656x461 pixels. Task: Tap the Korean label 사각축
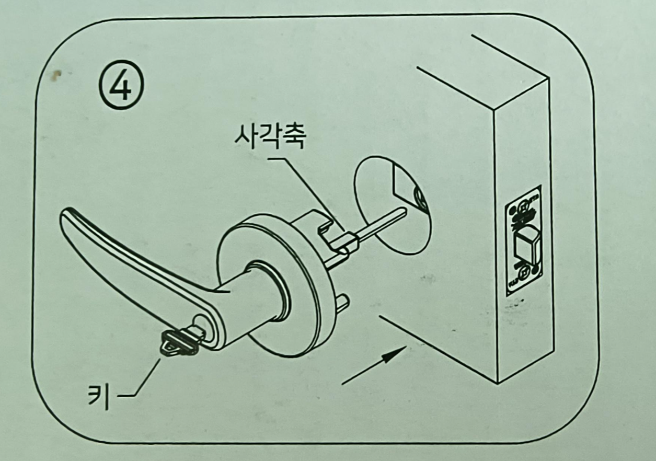click(270, 137)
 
